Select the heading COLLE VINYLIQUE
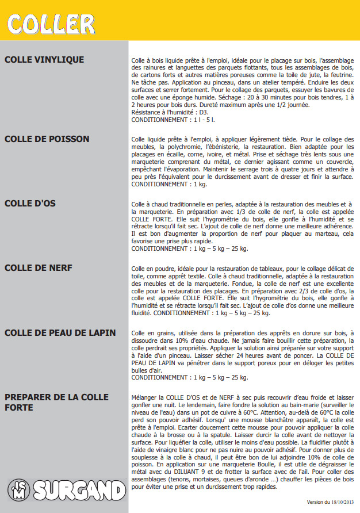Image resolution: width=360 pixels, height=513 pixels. click(x=44, y=60)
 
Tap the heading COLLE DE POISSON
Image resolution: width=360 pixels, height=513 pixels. click(x=47, y=139)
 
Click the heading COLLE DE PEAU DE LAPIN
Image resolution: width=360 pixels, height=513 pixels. click(x=60, y=333)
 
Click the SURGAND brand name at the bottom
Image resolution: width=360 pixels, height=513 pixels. click(x=78, y=491)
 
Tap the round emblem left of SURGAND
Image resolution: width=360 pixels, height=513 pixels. click(x=19, y=491)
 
